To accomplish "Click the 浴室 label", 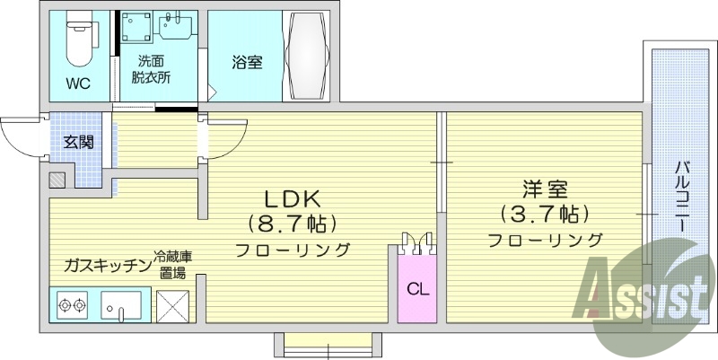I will (246, 63).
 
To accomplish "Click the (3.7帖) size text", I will (546, 215).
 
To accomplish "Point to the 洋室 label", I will (545, 191).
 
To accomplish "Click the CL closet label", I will (416, 289).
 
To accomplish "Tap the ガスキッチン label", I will (105, 266).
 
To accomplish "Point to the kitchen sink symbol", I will (121, 306).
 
